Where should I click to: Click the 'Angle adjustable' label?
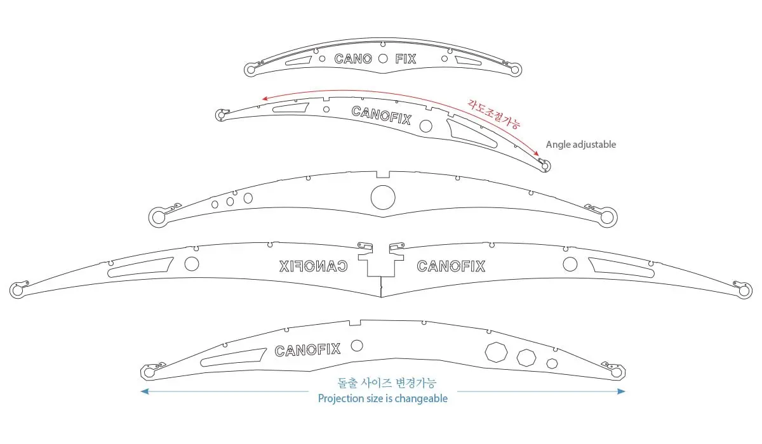coord(580,145)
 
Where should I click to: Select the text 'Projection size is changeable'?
coord(382,399)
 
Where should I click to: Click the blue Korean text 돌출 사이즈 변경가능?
coord(387,383)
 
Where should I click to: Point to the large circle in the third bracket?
coord(383,197)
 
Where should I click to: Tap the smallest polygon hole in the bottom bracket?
coord(552,363)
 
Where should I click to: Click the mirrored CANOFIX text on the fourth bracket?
coord(314,266)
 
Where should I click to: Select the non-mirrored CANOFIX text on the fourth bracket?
coord(451,266)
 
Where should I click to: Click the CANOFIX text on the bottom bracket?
coord(307,349)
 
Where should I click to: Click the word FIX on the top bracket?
coord(405,59)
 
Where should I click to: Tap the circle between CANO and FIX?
coord(382,59)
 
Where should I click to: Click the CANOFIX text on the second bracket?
coord(381,115)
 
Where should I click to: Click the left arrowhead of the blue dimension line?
coord(144,391)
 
